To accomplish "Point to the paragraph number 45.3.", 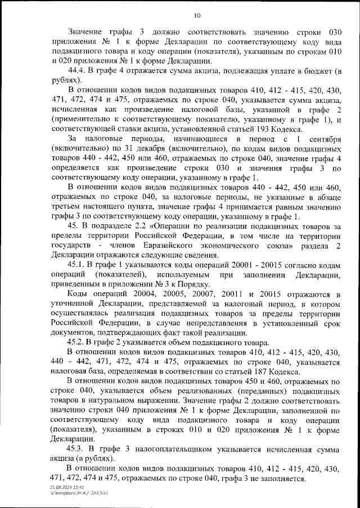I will [78, 449].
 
